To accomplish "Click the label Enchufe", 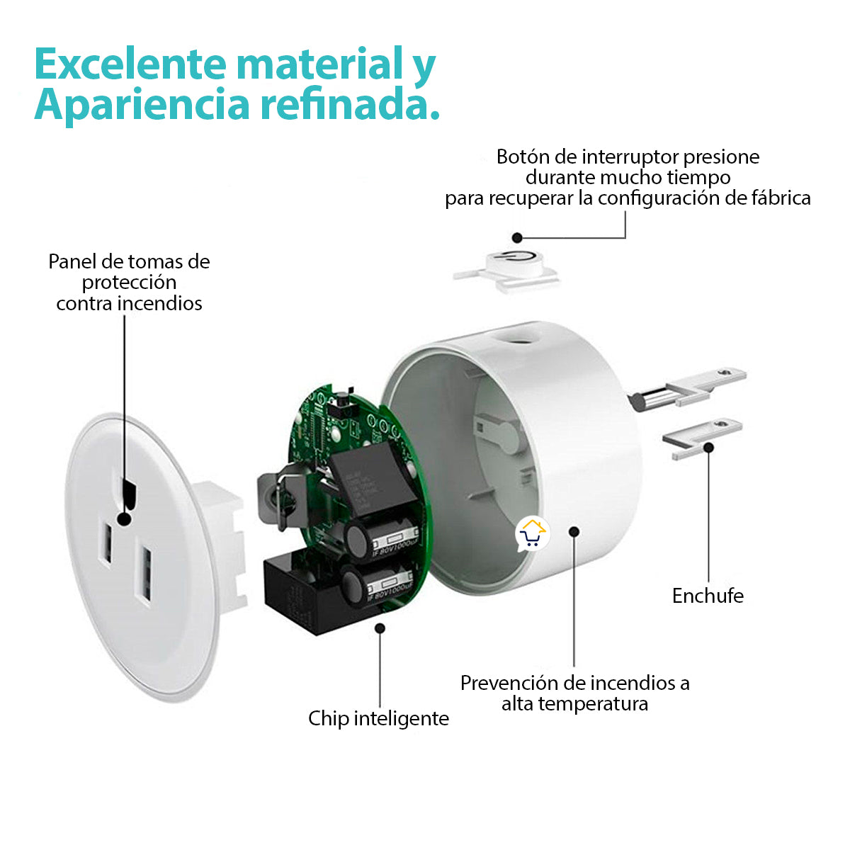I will pyautogui.click(x=708, y=596).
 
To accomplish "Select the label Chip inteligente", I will pyautogui.click(x=378, y=718).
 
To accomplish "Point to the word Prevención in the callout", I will pyautogui.click(x=509, y=683).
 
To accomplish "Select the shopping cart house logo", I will pyautogui.click(x=532, y=533).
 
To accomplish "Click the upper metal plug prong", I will pyautogui.click(x=691, y=386).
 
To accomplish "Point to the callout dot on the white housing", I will pyautogui.click(x=574, y=531).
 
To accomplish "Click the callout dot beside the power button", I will pyautogui.click(x=518, y=238).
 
